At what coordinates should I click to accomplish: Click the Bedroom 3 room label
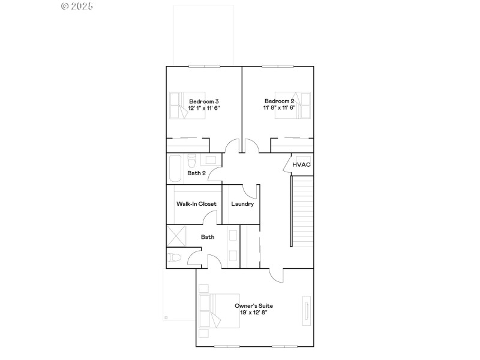(204, 101)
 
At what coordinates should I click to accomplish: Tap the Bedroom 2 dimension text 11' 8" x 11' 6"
(279, 108)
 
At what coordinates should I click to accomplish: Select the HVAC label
(301, 164)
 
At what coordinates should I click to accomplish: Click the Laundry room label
(242, 204)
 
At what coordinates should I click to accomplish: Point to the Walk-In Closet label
(196, 204)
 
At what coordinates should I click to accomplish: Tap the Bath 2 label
(196, 173)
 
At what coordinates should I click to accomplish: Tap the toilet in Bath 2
(191, 161)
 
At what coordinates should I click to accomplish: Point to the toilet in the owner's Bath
(174, 258)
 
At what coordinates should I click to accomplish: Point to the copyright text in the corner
(77, 6)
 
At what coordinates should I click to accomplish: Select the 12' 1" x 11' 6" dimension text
(204, 108)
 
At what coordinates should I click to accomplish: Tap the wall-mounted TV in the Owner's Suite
(307, 311)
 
